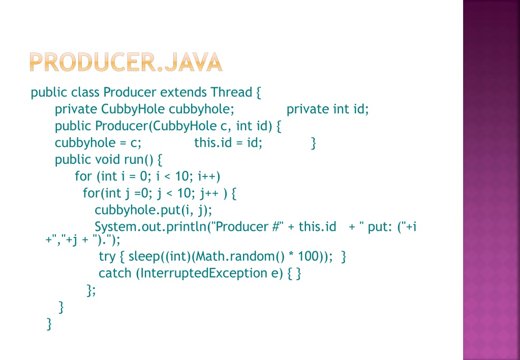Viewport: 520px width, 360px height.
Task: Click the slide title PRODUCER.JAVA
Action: tap(126, 62)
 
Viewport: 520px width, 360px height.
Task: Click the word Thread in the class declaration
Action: tap(231, 92)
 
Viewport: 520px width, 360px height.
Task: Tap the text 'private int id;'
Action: tap(328, 109)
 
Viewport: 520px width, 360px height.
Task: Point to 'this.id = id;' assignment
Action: tap(228, 143)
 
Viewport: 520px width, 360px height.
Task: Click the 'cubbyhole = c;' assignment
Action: tap(98, 143)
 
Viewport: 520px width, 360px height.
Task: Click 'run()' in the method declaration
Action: tap(139, 160)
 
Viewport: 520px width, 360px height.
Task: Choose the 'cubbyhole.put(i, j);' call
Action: tap(153, 210)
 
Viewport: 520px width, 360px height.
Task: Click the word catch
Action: tap(115, 273)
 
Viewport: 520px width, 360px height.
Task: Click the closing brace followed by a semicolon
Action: tap(91, 290)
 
